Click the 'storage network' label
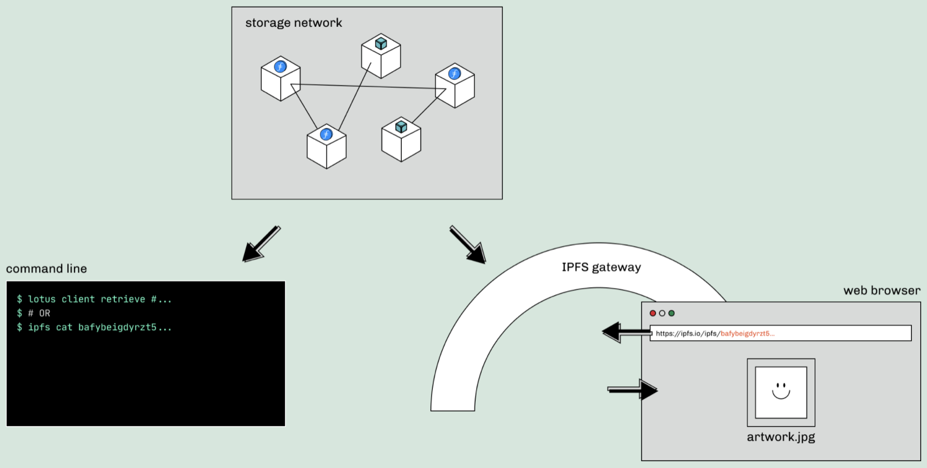pos(293,23)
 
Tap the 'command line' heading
pos(46,268)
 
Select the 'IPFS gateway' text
pos(601,267)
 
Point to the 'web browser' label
pos(881,290)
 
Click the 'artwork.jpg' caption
pos(781,437)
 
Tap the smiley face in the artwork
pos(781,390)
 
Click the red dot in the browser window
pos(653,313)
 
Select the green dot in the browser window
pos(671,313)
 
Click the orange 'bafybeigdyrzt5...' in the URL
pos(747,333)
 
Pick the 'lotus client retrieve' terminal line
pos(94,299)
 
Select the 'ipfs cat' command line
pos(94,327)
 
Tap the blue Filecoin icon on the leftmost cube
pos(280,67)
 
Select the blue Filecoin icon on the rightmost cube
pos(454,74)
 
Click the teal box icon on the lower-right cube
pos(401,127)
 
